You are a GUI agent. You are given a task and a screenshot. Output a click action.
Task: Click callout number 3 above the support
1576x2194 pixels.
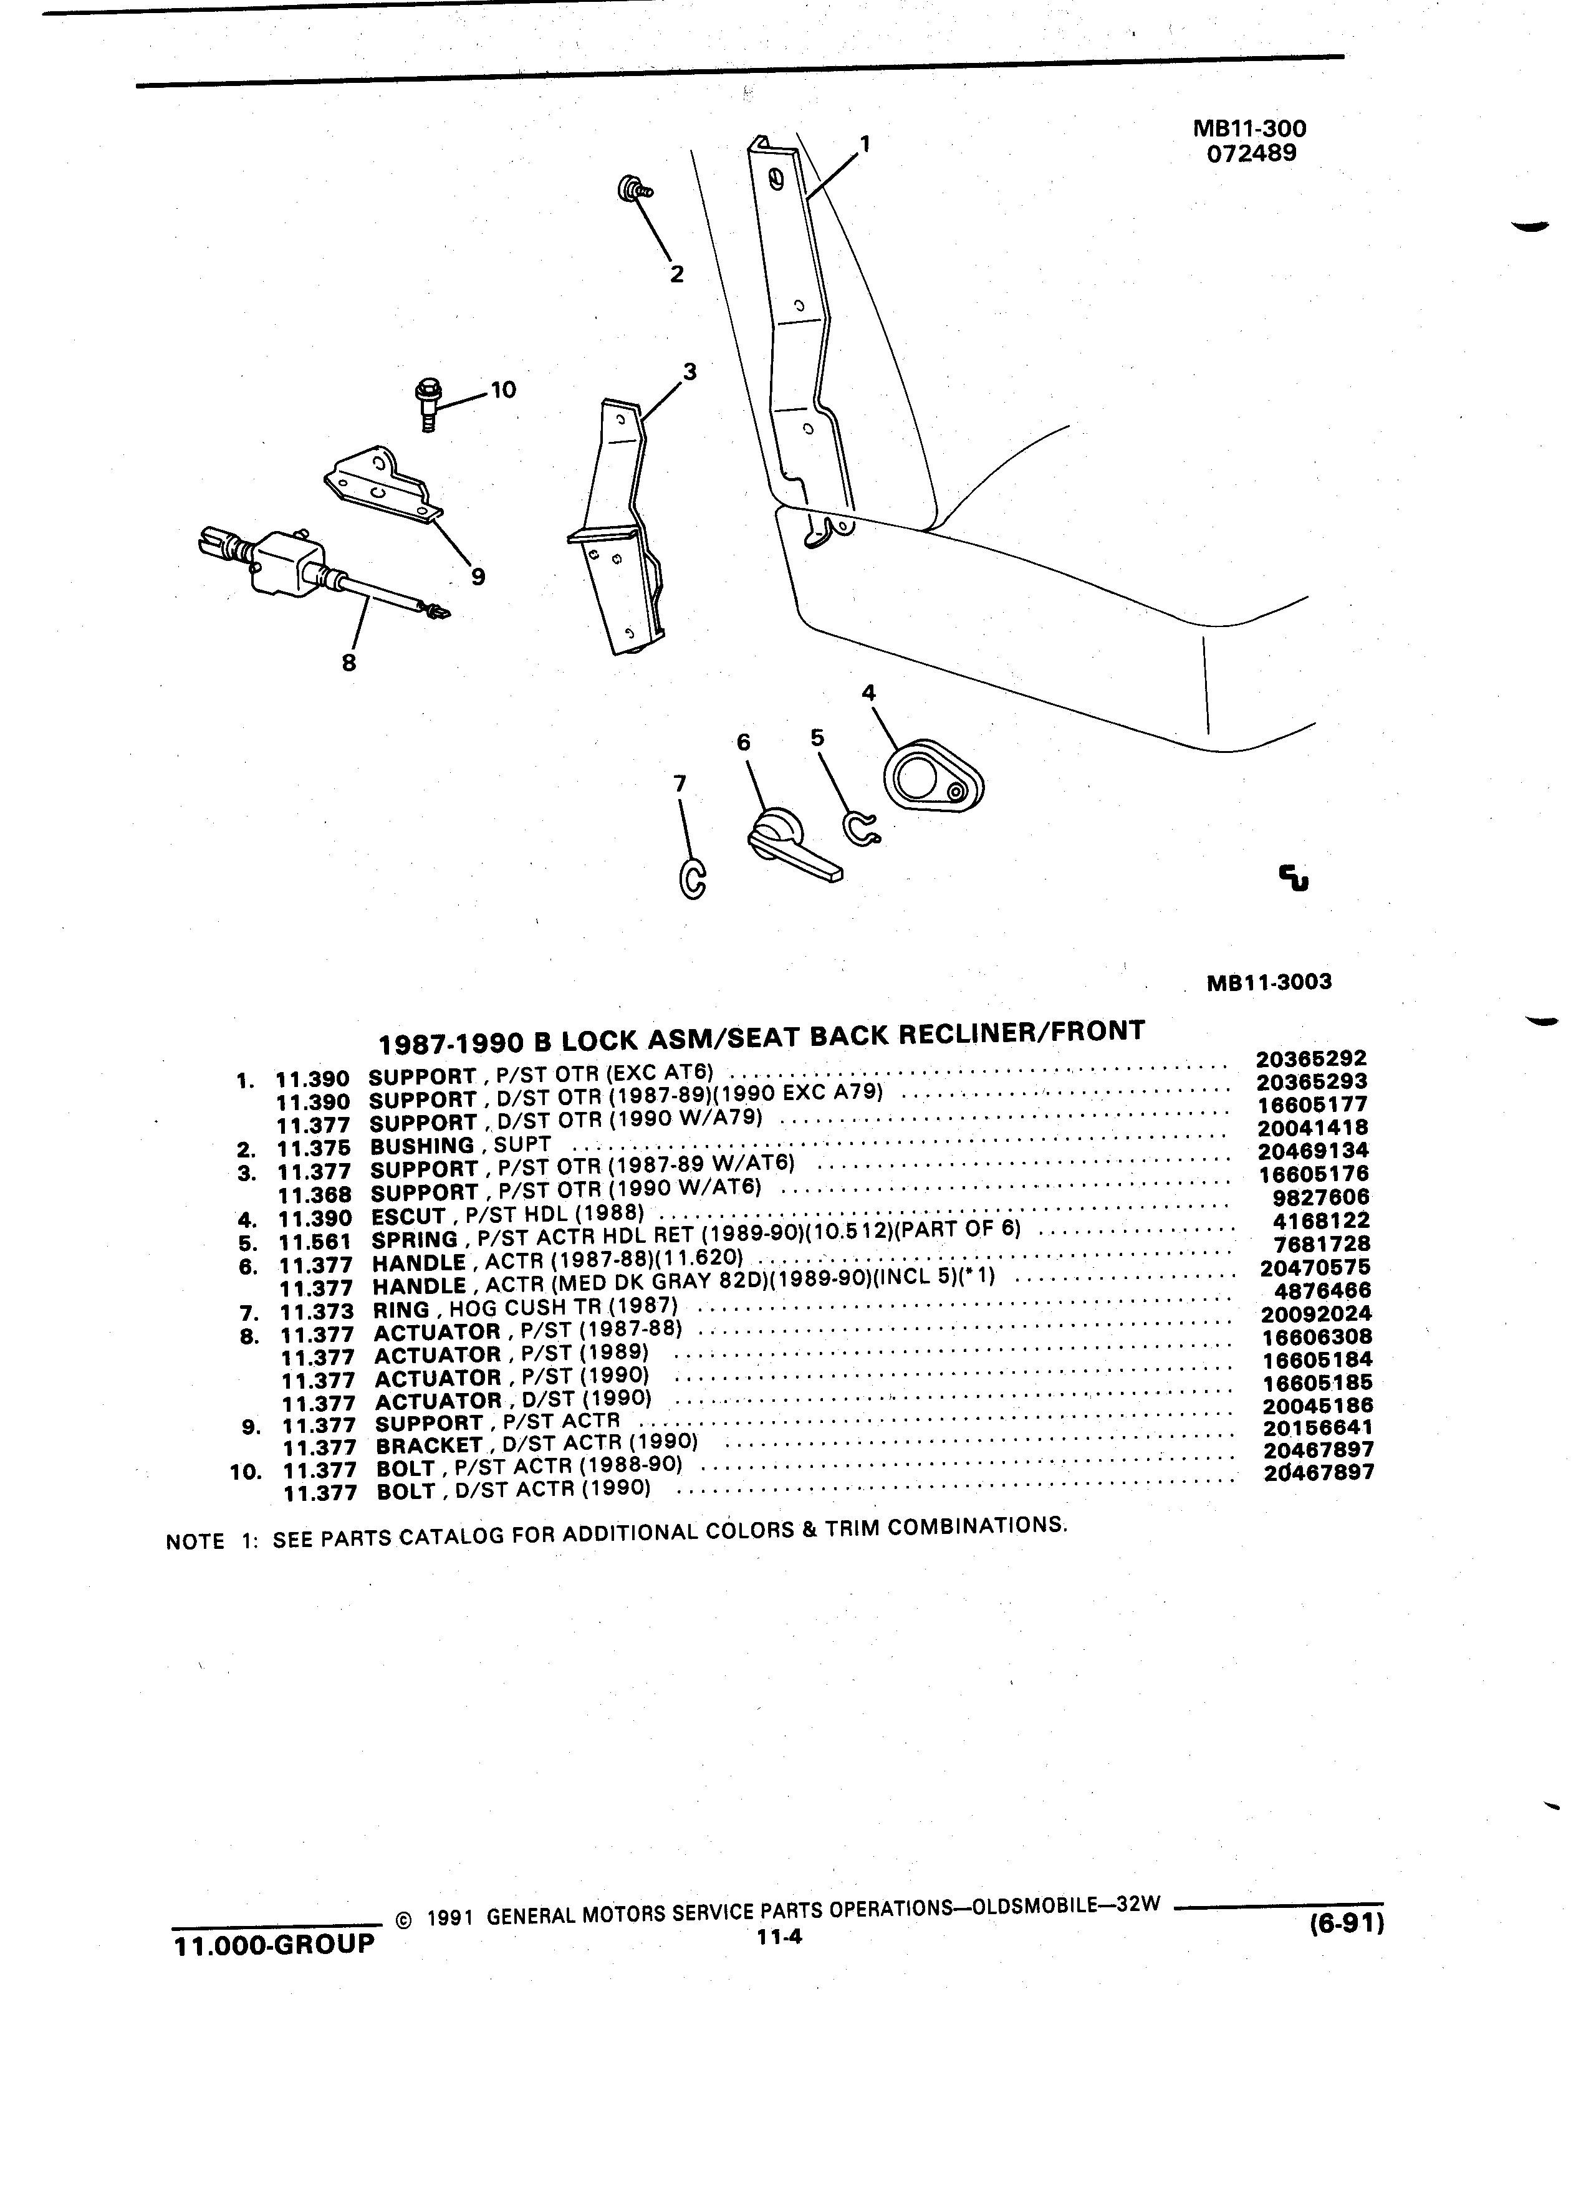pos(689,371)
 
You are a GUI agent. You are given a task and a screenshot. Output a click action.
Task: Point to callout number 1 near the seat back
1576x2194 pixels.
pos(865,144)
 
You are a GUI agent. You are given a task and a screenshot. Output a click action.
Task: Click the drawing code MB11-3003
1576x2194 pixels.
pos(1269,982)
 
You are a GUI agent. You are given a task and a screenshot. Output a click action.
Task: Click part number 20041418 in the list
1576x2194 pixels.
pos(1313,1128)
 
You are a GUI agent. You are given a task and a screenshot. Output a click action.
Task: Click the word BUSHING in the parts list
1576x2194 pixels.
pos(422,1146)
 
